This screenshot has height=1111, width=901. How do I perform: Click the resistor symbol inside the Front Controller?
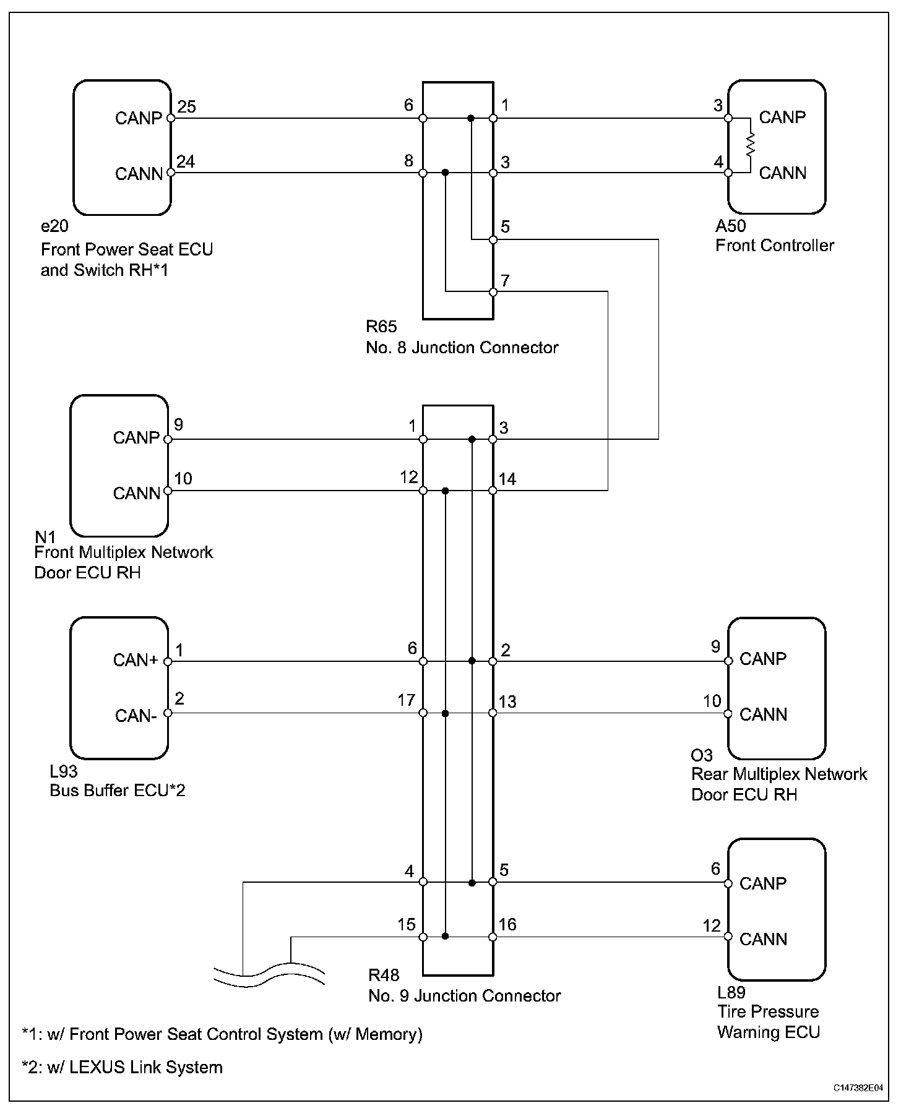coord(751,145)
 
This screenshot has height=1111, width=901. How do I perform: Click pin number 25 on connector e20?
coord(186,107)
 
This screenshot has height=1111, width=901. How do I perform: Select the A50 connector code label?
coord(731,226)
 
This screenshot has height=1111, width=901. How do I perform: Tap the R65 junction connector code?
coord(381,327)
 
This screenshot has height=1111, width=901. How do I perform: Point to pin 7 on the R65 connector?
coord(505,281)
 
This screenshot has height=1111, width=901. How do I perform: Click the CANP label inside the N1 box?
coord(136,438)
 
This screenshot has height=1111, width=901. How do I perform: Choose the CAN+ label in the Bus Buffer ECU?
coord(136,661)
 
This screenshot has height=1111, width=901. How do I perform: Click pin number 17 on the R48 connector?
coord(406,700)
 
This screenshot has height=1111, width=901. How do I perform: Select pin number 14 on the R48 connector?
coord(508,479)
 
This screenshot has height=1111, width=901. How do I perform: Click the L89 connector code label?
coord(731,993)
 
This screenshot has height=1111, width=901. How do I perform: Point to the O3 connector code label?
coord(702,755)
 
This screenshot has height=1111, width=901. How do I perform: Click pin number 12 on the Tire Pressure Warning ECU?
coord(712,925)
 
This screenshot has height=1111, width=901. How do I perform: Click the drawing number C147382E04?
coord(858,1087)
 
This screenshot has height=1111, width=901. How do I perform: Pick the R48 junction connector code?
coord(384,976)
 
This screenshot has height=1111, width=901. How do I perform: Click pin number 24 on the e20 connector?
coord(186,162)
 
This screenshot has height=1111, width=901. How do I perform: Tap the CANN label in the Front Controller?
coord(783,173)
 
